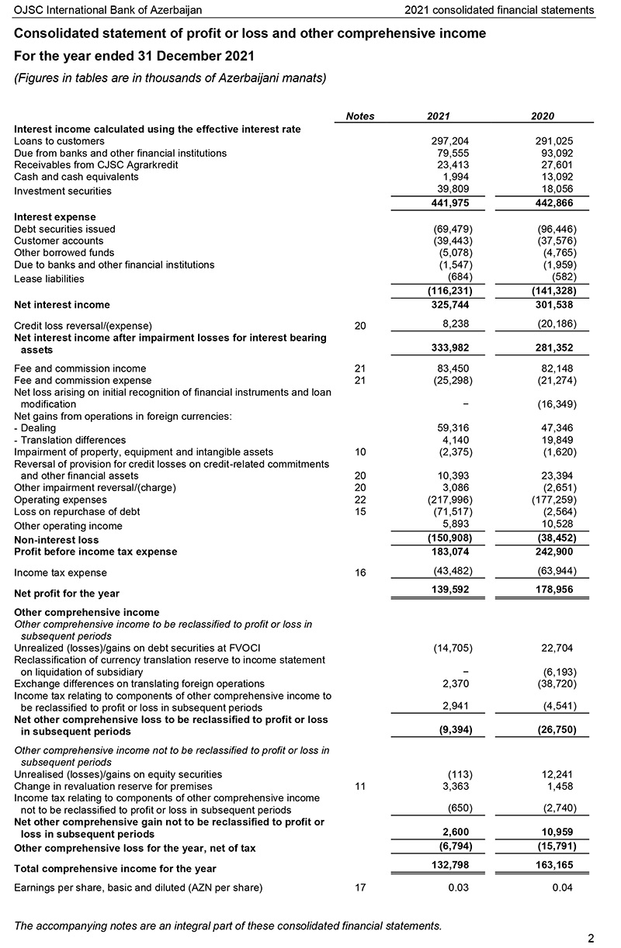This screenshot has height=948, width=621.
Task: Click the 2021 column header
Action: click(438, 116)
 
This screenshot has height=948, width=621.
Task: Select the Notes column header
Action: click(359, 116)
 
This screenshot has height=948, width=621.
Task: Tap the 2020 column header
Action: click(543, 116)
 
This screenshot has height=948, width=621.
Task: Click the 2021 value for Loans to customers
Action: click(449, 141)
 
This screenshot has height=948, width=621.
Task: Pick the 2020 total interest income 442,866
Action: click(554, 203)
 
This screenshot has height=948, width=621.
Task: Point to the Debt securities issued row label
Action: click(64, 229)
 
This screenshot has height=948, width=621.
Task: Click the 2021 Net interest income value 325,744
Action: click(449, 305)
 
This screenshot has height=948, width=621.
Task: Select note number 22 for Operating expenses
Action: click(359, 500)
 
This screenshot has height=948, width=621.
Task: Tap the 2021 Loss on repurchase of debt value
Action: click(453, 511)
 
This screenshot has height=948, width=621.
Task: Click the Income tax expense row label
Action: click(61, 573)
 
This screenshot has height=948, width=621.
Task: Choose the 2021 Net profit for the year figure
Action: click(449, 593)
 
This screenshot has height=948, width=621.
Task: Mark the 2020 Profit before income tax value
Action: click(554, 552)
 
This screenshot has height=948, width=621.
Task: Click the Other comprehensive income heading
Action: click(86, 613)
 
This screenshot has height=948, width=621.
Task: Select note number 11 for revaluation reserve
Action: click(359, 786)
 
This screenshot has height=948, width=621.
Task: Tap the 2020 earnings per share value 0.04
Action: click(562, 887)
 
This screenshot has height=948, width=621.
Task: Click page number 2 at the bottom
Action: click(591, 938)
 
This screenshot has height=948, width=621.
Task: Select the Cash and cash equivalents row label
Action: click(76, 176)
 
